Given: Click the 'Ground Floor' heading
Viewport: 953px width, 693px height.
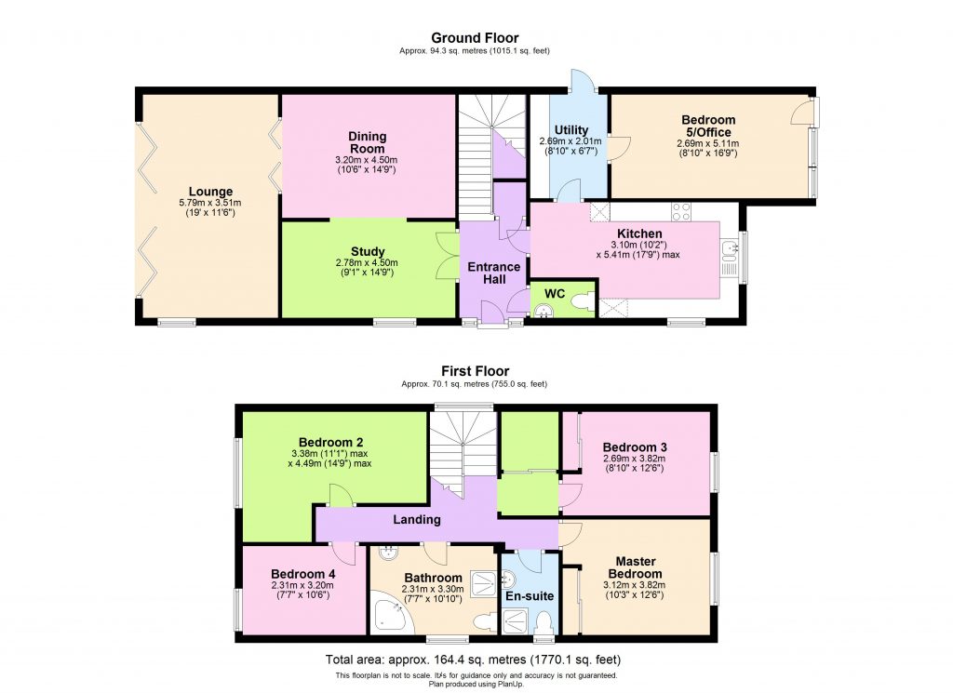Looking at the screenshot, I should click(475, 37).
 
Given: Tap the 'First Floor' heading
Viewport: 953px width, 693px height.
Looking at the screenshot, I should click(475, 371).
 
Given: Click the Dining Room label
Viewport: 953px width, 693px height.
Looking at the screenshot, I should click(368, 142).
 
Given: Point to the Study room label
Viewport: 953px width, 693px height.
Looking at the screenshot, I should click(368, 251).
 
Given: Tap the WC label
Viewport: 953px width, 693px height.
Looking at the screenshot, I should click(555, 293).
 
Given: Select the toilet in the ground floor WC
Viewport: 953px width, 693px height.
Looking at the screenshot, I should click(580, 301).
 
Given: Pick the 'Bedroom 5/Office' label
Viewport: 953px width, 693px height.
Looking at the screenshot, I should click(708, 126).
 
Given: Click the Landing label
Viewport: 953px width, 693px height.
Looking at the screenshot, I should click(415, 519).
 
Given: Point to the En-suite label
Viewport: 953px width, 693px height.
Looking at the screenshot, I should click(530, 595).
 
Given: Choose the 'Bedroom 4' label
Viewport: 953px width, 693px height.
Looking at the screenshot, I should click(302, 574).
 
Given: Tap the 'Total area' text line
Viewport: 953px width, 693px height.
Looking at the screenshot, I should click(475, 660).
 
